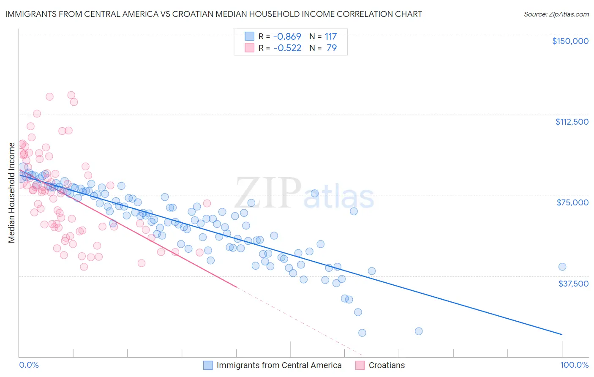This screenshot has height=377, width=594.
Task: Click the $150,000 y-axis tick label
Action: point(570,41)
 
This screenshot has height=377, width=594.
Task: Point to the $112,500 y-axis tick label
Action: point(572,122)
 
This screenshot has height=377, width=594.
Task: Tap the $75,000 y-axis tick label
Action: point(572,202)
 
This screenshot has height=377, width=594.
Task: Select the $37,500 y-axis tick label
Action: point(573,284)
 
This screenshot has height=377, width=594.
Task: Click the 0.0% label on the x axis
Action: point(29,365)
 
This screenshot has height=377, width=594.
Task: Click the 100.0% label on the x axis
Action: point(574,365)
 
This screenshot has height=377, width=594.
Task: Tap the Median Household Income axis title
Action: point(11,193)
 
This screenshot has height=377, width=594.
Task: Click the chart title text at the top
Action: point(213,14)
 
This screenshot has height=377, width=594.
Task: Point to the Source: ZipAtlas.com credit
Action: point(556,14)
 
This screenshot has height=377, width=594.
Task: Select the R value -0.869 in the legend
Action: point(287,36)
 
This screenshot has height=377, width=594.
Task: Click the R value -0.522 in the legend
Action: point(287,48)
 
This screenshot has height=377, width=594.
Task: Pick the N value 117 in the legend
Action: point(330,36)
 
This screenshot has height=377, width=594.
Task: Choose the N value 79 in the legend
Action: point(332,48)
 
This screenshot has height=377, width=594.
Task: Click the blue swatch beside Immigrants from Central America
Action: point(208,365)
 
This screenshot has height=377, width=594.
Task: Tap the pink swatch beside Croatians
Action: point(360,365)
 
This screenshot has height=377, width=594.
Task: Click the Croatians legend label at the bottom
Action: point(386,365)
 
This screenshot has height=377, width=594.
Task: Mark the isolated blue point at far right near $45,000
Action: point(562,267)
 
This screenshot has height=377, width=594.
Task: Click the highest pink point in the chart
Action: point(71,95)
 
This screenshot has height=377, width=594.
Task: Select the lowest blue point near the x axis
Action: point(362,333)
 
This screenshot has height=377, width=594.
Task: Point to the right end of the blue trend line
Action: point(562,334)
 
